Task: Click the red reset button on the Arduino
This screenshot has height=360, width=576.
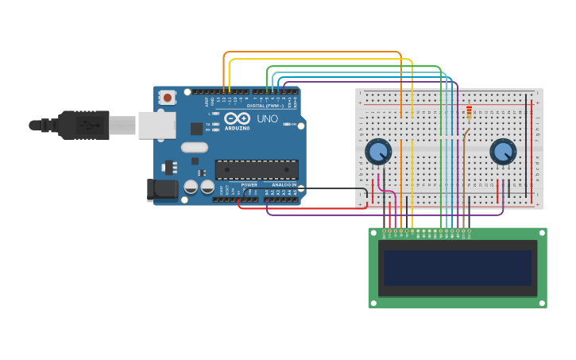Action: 167,97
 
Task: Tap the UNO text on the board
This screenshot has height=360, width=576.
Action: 268,118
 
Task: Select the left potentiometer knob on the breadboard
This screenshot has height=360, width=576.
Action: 378,151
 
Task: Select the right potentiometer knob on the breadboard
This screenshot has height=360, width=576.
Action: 503,151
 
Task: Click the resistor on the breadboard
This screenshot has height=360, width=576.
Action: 469,113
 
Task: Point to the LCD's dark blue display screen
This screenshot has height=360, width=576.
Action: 457,268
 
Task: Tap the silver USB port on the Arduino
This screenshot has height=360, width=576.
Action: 157,125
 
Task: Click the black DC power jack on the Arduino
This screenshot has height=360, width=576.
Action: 162,189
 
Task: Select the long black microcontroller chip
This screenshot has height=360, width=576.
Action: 257,169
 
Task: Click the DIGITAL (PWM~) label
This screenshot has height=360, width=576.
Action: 265,106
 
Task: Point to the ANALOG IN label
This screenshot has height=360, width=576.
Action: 284,184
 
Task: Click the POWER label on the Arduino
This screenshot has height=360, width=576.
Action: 249,184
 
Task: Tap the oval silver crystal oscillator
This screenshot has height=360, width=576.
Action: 194,147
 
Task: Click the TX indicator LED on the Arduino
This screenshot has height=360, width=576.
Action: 215,124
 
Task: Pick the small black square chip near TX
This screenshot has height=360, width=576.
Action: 196,129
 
